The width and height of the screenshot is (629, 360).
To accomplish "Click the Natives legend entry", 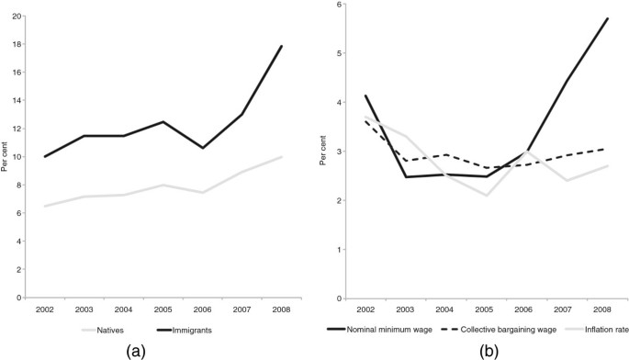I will pos(103,327).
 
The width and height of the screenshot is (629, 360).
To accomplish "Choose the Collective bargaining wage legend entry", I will pos(510,327).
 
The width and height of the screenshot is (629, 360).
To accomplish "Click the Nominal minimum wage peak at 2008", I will pos(608,18).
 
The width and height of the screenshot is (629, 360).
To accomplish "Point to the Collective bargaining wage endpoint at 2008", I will pos(608,148).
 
